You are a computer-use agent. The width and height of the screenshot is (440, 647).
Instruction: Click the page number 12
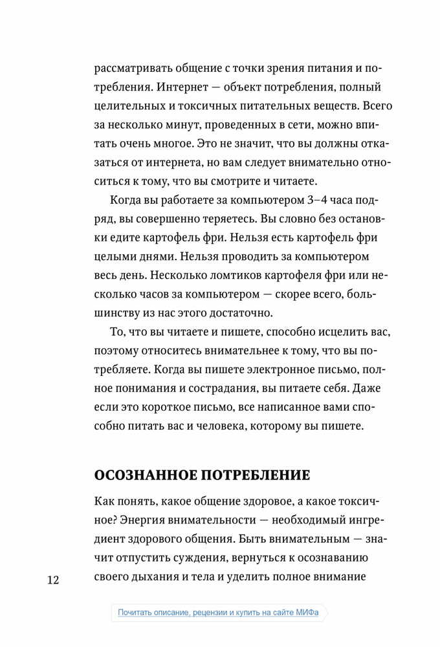coord(52,579)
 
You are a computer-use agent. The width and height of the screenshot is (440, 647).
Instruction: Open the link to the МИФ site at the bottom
coord(219,613)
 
